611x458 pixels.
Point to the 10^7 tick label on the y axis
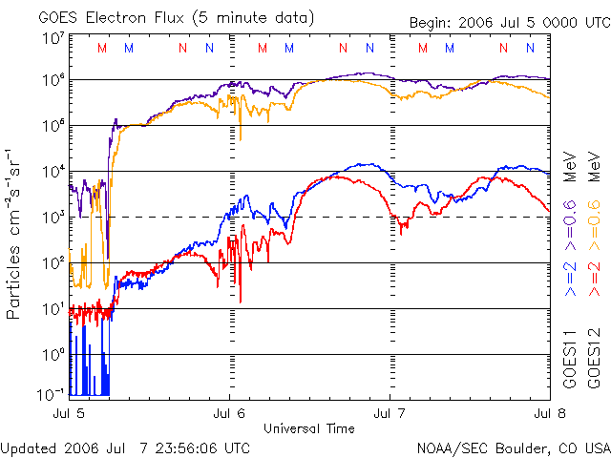[x=53, y=39]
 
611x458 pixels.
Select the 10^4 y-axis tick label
[x=53, y=172]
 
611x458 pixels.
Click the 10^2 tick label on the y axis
[x=53, y=263]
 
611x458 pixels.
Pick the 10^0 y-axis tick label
[x=53, y=355]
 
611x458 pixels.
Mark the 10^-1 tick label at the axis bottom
[x=51, y=392]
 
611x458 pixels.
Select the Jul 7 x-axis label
[x=390, y=414]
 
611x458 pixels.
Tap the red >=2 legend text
[x=594, y=278]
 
